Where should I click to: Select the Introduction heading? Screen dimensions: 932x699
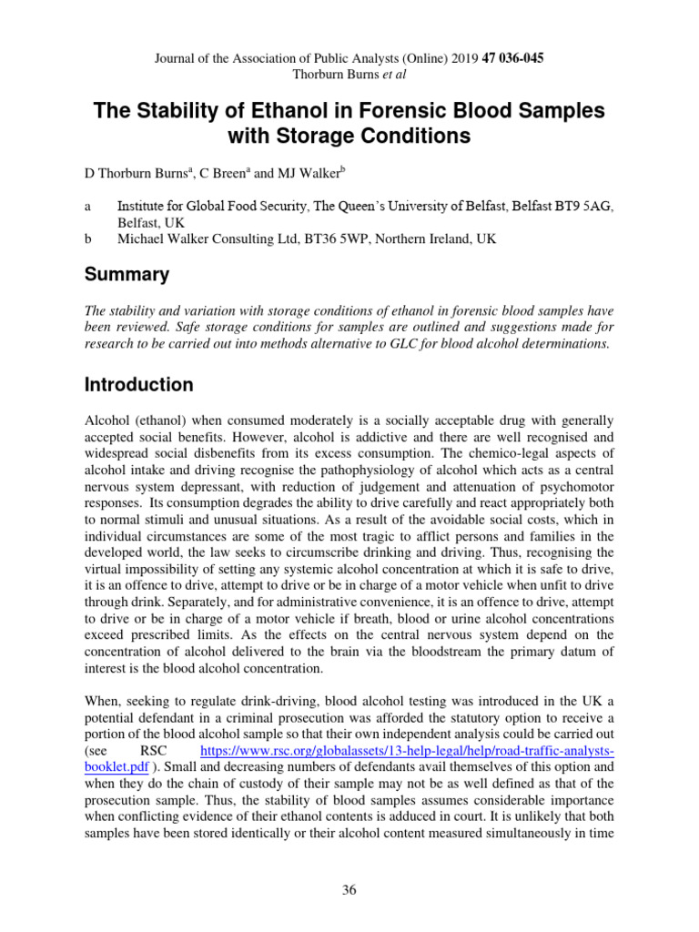click(x=139, y=384)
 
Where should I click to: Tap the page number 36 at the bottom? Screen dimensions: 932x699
click(x=349, y=890)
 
